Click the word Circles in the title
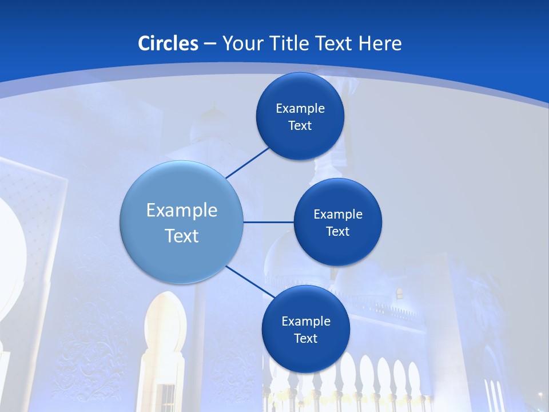(168, 43)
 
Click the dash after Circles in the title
(209, 44)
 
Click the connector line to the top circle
(248, 163)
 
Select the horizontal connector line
(268, 222)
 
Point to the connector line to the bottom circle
(250, 281)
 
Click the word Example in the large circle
(182, 211)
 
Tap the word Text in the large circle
(182, 236)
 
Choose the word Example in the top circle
(300, 109)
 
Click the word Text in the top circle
(300, 126)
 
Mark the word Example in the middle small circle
(338, 215)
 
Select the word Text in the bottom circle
(305, 339)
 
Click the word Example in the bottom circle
(306, 322)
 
